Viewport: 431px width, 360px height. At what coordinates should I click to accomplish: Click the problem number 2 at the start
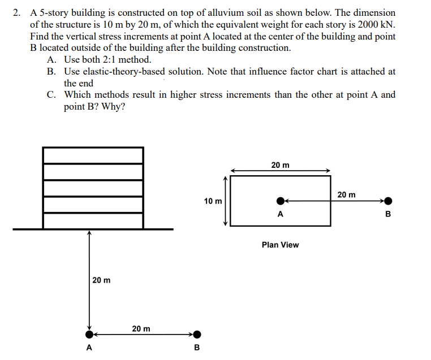click(16, 12)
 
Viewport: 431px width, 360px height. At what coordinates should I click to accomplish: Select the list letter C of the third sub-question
click(51, 94)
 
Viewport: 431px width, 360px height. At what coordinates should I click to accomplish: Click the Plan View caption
click(280, 245)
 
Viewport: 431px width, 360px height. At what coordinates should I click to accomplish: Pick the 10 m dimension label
click(213, 201)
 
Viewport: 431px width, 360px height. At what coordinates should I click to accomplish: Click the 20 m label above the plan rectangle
click(280, 165)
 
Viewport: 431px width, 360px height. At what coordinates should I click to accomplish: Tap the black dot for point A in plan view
click(281, 201)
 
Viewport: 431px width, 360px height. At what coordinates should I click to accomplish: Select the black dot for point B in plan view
click(388, 201)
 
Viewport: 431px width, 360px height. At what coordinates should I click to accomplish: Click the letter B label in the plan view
click(388, 214)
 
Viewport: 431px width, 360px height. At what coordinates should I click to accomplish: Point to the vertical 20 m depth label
click(102, 280)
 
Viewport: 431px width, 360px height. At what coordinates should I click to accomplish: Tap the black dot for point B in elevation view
click(197, 334)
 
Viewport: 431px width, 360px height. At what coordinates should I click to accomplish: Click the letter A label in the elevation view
click(89, 347)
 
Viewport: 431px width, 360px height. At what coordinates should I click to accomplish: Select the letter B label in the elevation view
click(197, 347)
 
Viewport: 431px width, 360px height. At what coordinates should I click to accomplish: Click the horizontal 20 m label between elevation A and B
click(141, 328)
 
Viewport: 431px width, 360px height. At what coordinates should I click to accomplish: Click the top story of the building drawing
click(93, 155)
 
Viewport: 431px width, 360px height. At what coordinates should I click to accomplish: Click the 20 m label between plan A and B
click(346, 194)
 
